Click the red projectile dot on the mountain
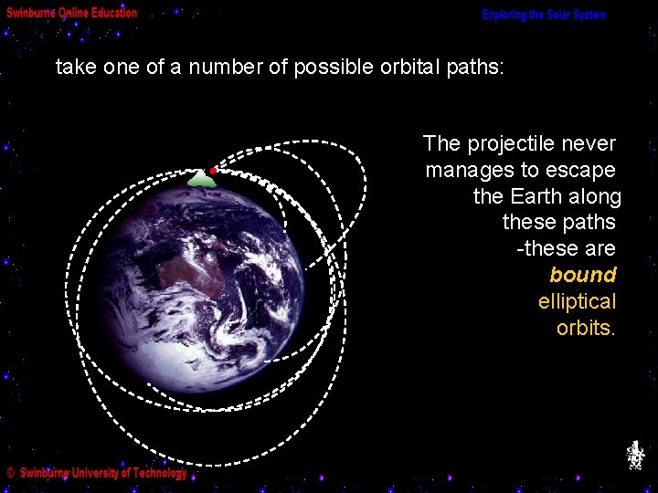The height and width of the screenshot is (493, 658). click(x=213, y=171)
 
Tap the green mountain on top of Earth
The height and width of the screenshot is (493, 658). click(x=201, y=180)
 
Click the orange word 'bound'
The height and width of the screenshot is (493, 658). click(x=583, y=275)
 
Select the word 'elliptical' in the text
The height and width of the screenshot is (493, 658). click(x=578, y=301)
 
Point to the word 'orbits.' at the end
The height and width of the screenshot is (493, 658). click(x=586, y=328)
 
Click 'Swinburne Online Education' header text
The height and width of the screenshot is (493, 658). click(x=72, y=13)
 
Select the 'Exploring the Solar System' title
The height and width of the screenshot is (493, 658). click(x=544, y=16)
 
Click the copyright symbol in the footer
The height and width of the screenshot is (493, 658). click(x=11, y=474)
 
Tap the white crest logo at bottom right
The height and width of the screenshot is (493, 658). click(x=635, y=455)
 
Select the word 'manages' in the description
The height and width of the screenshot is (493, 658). click(x=463, y=170)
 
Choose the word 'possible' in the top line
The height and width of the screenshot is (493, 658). click(x=325, y=68)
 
